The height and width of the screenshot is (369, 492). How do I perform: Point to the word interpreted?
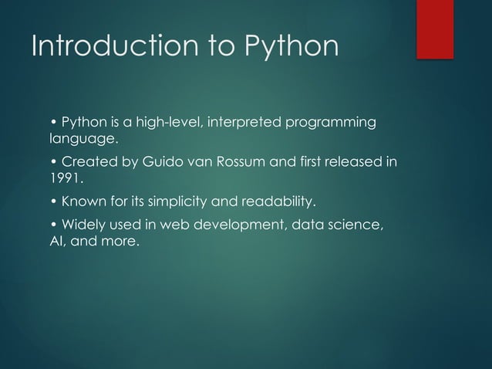tap(241, 123)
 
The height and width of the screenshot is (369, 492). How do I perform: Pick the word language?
tap(78, 140)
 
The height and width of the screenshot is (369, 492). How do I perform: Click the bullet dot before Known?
tap(52, 202)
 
